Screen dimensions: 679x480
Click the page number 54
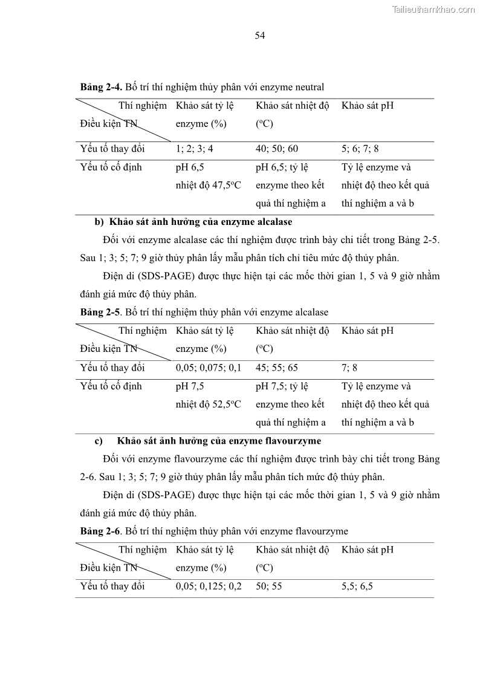[x=260, y=36]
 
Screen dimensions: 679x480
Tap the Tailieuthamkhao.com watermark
[x=433, y=9]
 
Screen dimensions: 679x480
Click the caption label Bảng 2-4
[x=102, y=87]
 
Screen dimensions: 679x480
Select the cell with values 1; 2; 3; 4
[x=195, y=149]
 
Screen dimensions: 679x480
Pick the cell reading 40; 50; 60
[x=277, y=149]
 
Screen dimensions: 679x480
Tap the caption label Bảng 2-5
[x=102, y=313]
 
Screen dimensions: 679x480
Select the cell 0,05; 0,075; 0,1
[x=209, y=368]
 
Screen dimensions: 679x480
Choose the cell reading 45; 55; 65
[x=277, y=368]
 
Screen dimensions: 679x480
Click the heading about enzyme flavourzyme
[x=219, y=441]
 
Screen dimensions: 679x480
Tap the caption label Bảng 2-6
[x=102, y=531]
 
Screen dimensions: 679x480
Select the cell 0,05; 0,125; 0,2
[x=209, y=586]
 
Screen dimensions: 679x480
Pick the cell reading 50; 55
[x=268, y=586]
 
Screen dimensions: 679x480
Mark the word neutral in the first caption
[x=309, y=87]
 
